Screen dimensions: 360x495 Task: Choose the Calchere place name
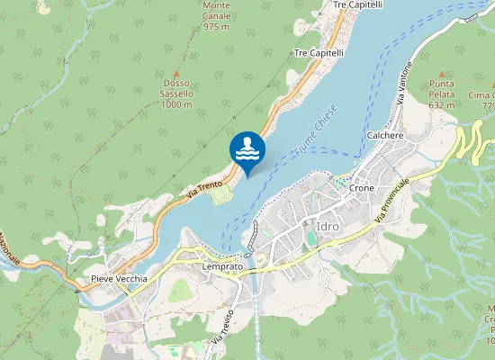[385, 135]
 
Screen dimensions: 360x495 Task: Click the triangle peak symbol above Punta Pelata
[442, 73]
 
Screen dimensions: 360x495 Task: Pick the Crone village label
[362, 189]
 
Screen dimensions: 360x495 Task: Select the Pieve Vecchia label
[119, 279]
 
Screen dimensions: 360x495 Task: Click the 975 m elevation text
[217, 27]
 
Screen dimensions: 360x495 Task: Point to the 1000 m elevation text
[176, 104]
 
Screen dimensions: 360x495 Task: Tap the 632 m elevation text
[442, 104]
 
